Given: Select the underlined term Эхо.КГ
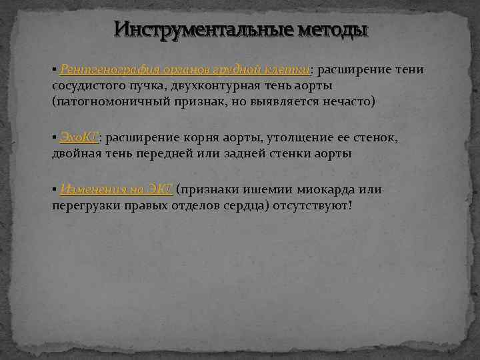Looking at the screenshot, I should coord(79,137).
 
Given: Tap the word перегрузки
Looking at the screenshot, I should coord(86,205).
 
